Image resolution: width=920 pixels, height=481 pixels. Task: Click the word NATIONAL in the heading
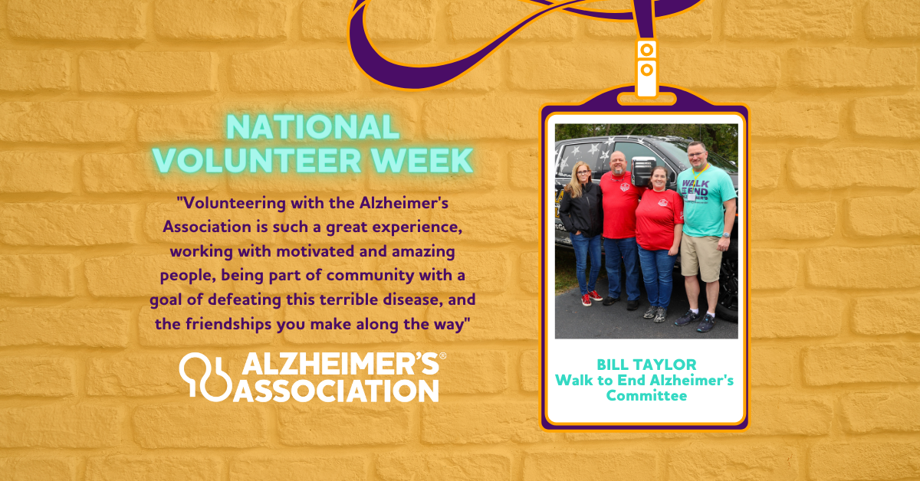(x=313, y=127)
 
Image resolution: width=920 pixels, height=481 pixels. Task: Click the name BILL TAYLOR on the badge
(x=646, y=365)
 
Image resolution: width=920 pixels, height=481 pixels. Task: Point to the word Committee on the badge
(x=646, y=396)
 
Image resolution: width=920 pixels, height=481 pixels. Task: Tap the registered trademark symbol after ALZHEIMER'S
(x=443, y=356)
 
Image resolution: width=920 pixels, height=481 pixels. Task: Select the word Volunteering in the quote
(x=234, y=204)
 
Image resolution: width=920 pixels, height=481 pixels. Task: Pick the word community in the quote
(x=370, y=276)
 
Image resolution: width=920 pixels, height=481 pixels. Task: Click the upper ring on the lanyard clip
(x=647, y=50)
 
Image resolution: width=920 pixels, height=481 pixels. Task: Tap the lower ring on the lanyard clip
(x=647, y=70)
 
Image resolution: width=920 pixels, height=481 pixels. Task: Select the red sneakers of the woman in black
(x=591, y=297)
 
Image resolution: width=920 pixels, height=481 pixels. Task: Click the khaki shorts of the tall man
(x=701, y=258)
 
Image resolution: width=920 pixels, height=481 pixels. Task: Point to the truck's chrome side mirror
(x=642, y=171)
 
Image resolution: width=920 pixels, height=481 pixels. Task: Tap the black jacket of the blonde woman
(x=581, y=210)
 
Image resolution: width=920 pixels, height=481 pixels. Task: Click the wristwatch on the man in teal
(x=726, y=235)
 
